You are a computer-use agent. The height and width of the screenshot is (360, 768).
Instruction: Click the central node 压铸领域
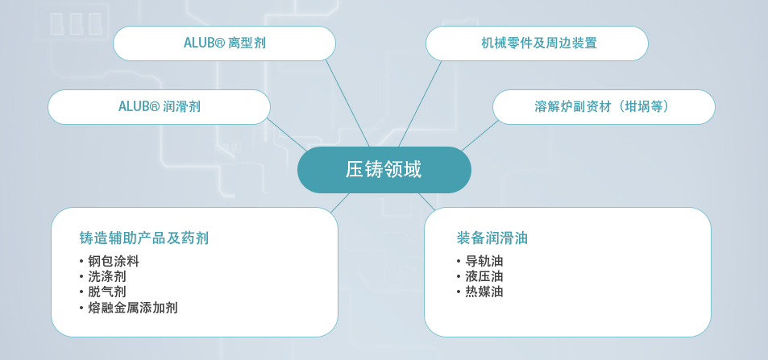pyautogui.click(x=384, y=170)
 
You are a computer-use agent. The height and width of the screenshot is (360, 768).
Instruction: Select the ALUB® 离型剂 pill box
pyautogui.click(x=224, y=43)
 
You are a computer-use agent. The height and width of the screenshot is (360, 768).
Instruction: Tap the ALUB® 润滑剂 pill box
pyautogui.click(x=160, y=107)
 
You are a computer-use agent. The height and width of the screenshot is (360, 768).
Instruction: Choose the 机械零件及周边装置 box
pyautogui.click(x=537, y=43)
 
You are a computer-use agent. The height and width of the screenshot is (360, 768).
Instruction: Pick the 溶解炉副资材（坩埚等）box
pyautogui.click(x=604, y=107)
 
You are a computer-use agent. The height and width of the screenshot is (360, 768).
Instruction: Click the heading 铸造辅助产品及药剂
pyautogui.click(x=144, y=238)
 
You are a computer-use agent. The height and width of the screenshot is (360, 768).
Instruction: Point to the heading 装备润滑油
pyautogui.click(x=492, y=238)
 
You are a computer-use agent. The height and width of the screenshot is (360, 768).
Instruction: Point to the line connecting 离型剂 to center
pyautogui.click(x=348, y=103)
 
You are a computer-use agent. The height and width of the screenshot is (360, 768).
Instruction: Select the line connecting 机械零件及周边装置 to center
pyautogui.click(x=420, y=103)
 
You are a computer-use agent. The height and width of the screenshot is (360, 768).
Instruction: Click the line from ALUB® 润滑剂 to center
pyautogui.click(x=287, y=134)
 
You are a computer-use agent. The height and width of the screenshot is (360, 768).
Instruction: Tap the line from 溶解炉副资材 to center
pyautogui.click(x=480, y=135)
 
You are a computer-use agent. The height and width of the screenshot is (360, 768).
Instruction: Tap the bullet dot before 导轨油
pyautogui.click(x=459, y=262)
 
